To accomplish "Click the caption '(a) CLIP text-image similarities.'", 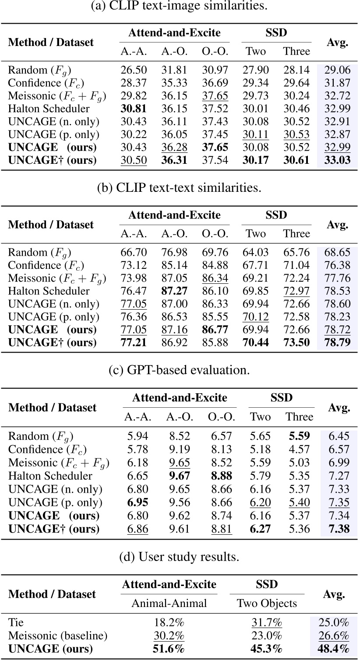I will click(180, 6).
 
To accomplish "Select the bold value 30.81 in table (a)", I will click(134, 108).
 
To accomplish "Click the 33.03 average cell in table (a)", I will click(337, 160).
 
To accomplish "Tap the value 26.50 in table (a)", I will click(134, 70).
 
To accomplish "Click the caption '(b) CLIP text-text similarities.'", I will click(180, 188).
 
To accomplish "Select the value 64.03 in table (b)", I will click(256, 252).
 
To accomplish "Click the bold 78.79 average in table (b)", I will click(337, 342).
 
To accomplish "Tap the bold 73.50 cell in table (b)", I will click(296, 342).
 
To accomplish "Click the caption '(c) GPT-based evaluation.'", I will click(180, 371).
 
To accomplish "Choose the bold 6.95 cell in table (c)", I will click(138, 503).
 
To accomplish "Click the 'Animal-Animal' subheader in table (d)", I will click(169, 603).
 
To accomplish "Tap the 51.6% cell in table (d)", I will click(169, 648).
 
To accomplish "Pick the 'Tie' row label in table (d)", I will click(16, 622).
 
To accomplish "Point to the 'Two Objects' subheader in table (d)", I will click(267, 603).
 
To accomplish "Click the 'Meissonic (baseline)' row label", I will click(58, 635).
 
